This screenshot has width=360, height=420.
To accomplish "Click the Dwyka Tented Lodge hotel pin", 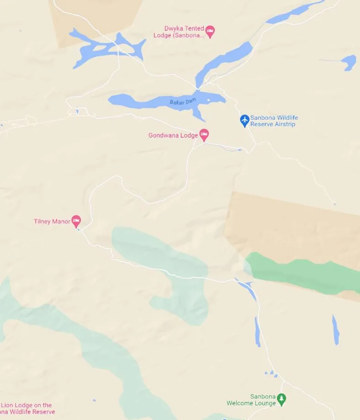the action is click(x=210, y=31).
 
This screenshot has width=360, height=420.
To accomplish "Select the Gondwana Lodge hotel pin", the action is click(x=204, y=134).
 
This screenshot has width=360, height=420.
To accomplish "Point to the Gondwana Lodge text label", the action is click(x=173, y=135).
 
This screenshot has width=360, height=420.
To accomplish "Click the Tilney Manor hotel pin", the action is click(x=76, y=221).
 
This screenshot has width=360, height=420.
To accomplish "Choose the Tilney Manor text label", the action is click(x=52, y=222).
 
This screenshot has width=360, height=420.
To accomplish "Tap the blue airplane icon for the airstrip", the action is click(x=245, y=120).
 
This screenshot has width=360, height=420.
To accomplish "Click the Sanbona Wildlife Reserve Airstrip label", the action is click(x=274, y=121).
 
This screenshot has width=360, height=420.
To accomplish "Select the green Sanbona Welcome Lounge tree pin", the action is click(x=282, y=399).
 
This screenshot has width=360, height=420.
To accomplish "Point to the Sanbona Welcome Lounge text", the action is click(x=251, y=400).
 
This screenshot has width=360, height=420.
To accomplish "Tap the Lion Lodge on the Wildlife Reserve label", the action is click(x=27, y=408).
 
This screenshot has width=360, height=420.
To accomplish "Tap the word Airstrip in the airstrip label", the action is click(x=286, y=124).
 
